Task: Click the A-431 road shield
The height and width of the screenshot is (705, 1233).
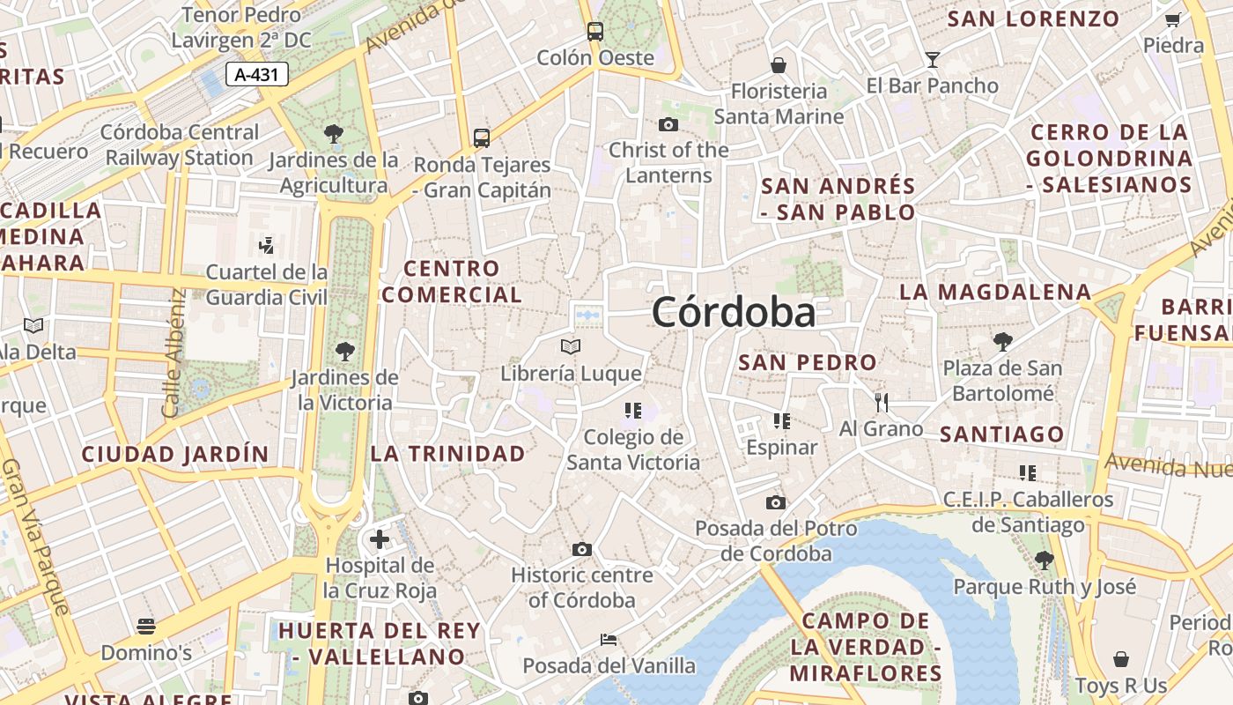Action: pos(257,75)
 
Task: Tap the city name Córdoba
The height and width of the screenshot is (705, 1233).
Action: pos(734,313)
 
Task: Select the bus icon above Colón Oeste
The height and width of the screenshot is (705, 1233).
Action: pos(595,32)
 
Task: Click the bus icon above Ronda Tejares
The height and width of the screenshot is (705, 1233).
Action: pos(481,137)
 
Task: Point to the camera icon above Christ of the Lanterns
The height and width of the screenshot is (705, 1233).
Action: pos(668,124)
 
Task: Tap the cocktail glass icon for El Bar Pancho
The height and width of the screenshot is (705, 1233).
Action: pos(932,59)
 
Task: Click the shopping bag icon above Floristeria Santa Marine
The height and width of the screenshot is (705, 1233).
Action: pos(778,64)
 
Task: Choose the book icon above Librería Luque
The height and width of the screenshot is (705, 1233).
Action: pos(571,346)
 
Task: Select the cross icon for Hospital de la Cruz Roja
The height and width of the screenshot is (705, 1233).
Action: pos(380,538)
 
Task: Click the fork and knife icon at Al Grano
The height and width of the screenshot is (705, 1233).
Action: pos(881,403)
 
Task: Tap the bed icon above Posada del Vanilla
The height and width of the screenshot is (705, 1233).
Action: pos(608,639)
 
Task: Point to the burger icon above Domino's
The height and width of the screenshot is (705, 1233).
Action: pos(146,627)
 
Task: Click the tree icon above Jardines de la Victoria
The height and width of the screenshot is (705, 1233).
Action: pos(345,352)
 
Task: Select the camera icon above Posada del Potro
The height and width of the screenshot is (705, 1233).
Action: pos(775,502)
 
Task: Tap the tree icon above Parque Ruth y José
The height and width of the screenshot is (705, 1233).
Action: pos(1044,560)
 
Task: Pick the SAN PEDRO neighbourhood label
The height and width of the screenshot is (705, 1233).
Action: pos(808,362)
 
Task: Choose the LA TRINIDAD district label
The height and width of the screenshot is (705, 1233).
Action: pos(447,454)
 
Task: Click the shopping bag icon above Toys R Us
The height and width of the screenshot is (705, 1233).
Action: pos(1120,659)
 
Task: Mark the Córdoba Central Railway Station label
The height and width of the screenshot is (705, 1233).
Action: pos(180,145)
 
